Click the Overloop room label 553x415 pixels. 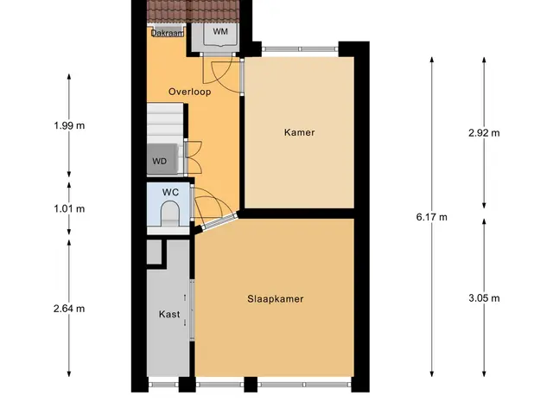coord(190,92)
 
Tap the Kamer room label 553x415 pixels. coord(300,132)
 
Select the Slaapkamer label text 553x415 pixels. coord(276,299)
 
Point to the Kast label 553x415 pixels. coord(169,314)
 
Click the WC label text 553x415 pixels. coord(171,192)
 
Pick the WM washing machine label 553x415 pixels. coord(220,31)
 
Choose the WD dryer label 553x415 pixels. coord(159,162)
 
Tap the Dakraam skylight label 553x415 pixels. coord(168,33)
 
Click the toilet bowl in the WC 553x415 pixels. coord(170,214)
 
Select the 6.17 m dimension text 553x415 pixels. coord(432,217)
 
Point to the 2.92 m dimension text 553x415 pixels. coord(484,133)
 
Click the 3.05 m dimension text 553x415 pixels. coord(484,298)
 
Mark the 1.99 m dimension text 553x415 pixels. coord(69,125)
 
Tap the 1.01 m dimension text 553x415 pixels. coord(69,209)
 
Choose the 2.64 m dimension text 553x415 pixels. coord(69,309)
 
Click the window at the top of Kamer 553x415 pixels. coord(300,49)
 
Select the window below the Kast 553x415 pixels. coord(163,384)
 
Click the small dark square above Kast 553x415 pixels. coord(154,252)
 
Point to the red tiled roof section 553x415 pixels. coord(193,10)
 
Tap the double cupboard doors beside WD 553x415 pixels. coord(193,157)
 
